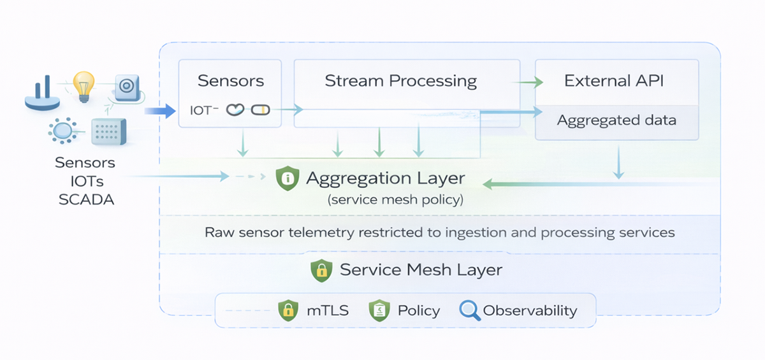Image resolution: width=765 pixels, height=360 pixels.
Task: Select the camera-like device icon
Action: (x=126, y=86)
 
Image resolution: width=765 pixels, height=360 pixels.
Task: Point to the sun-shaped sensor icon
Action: (x=62, y=131)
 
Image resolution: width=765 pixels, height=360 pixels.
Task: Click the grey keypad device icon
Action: (x=108, y=131)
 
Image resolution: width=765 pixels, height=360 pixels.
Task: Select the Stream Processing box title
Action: (x=400, y=81)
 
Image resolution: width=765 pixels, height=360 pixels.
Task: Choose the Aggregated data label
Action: (x=616, y=120)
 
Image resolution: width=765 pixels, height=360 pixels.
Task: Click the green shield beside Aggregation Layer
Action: (x=288, y=178)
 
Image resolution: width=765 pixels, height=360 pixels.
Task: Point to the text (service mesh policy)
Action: (x=395, y=199)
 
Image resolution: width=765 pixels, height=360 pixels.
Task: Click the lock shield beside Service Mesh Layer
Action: (x=321, y=270)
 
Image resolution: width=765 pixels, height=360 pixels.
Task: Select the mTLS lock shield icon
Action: (x=288, y=311)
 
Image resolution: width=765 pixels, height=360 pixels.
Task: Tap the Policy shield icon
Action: (x=379, y=311)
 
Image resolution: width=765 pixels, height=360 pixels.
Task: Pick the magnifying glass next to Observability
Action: (x=469, y=311)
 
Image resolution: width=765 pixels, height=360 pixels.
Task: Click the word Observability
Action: (x=530, y=311)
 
